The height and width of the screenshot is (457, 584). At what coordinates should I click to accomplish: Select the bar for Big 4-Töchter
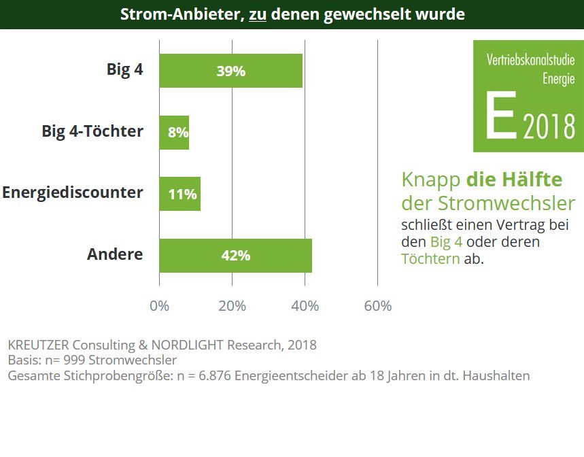(174, 133)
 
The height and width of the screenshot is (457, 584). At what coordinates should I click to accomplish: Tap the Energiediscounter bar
(179, 194)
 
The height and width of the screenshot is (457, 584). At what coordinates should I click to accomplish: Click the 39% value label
(230, 71)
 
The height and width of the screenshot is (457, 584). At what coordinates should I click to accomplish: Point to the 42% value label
(235, 256)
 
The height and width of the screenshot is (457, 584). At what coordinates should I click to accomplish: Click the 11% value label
(182, 195)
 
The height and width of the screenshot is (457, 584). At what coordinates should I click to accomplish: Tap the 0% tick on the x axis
(159, 306)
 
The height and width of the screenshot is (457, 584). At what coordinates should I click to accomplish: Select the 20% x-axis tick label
(232, 306)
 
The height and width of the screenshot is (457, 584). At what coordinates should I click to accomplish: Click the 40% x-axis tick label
(305, 306)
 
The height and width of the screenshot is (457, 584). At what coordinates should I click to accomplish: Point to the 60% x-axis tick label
(377, 306)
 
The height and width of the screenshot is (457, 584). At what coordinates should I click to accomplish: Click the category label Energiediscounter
(73, 192)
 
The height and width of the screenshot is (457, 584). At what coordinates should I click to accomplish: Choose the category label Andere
(115, 254)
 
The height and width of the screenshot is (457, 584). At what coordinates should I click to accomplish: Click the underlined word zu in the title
(257, 14)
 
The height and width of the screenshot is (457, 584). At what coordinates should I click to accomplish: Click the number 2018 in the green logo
(549, 127)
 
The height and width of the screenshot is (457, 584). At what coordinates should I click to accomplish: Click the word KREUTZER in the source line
(38, 345)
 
